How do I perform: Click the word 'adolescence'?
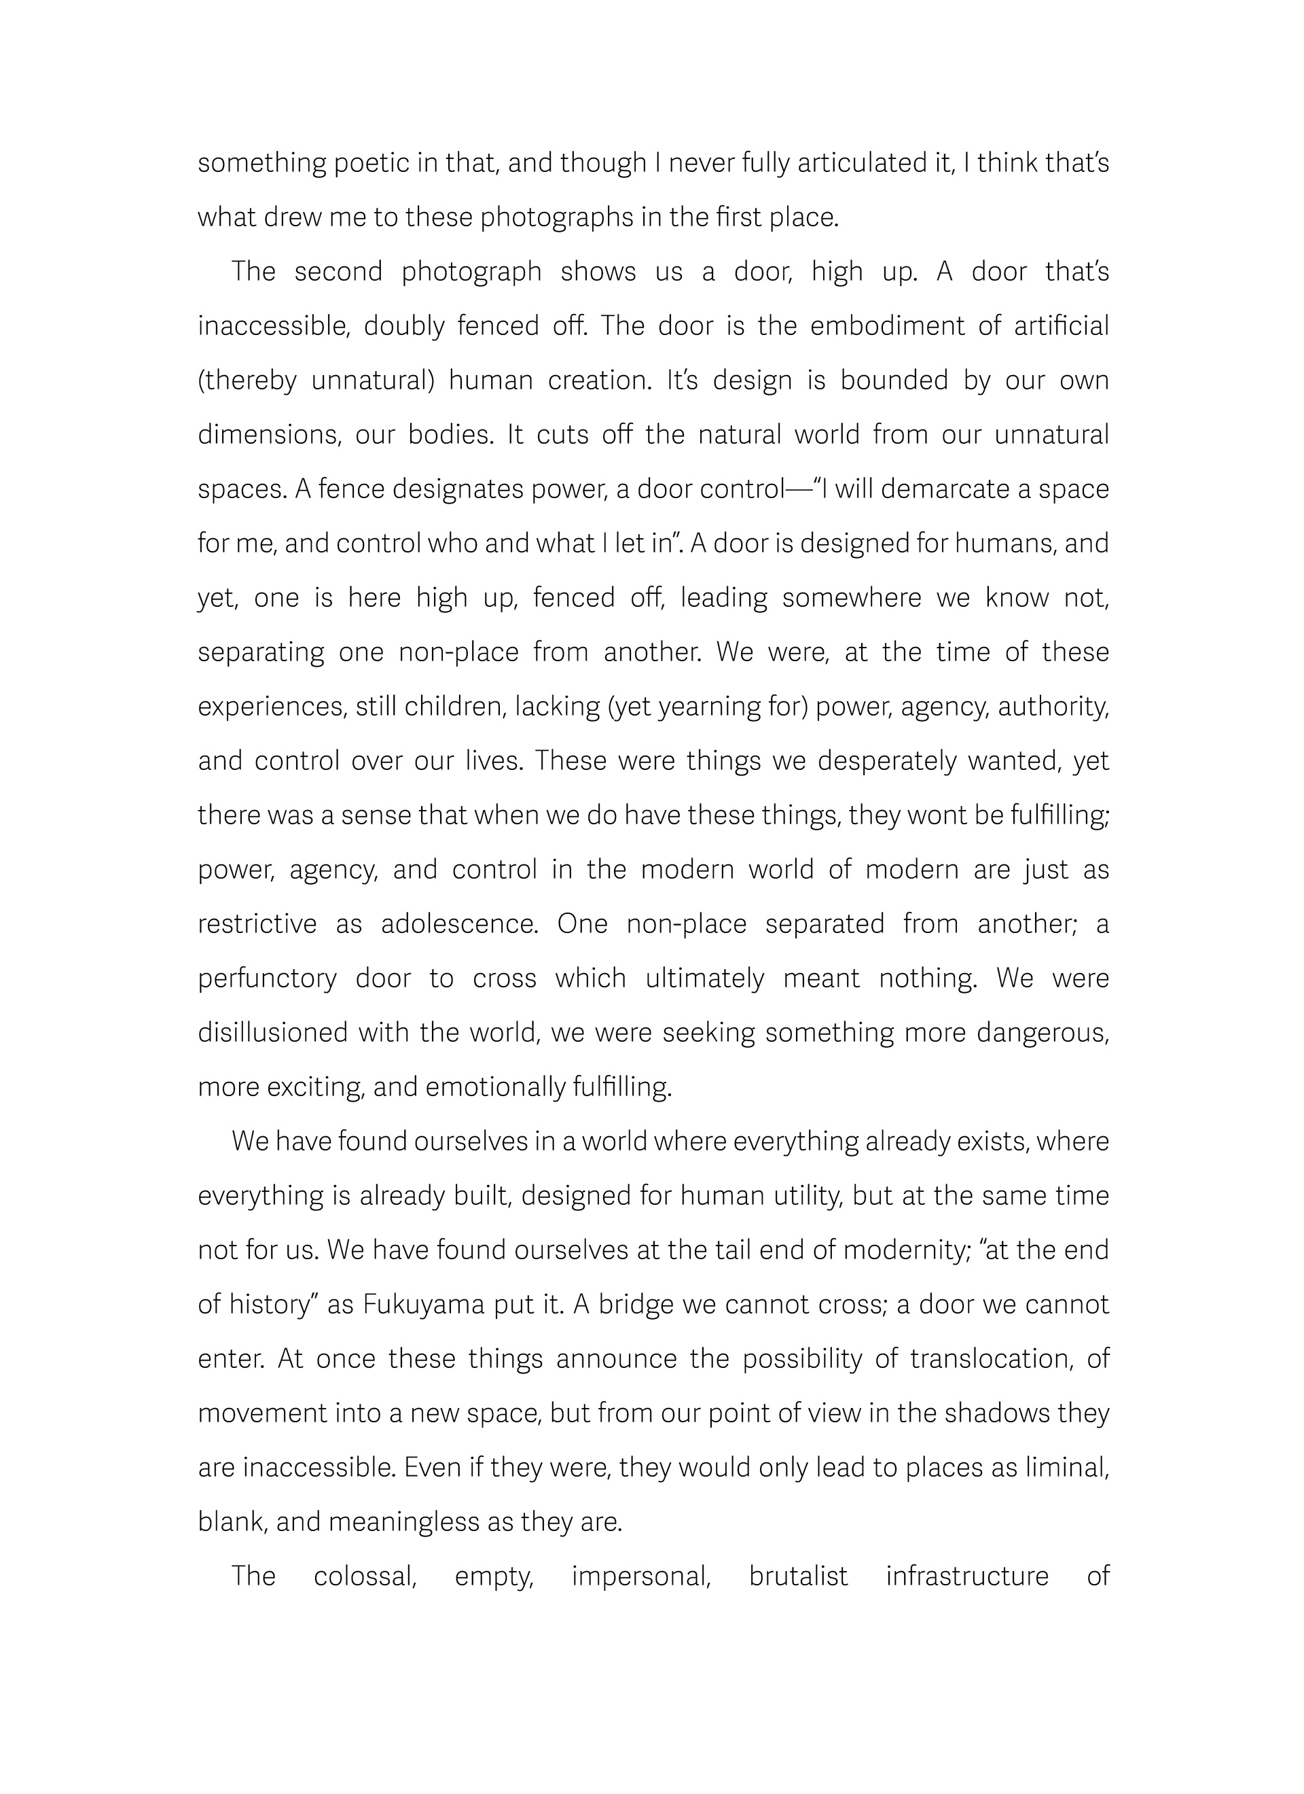coord(459,924)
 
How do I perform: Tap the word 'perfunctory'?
coord(268,979)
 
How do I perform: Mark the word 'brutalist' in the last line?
coord(798,1577)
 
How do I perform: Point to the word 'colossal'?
coord(365,1577)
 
